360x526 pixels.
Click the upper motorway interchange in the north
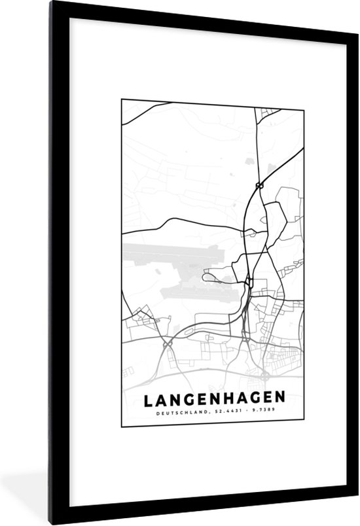[x=260, y=185]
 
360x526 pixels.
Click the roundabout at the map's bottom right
[x=264, y=375]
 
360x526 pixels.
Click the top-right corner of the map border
[x=304, y=99]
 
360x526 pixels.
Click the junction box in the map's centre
[x=250, y=283]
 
